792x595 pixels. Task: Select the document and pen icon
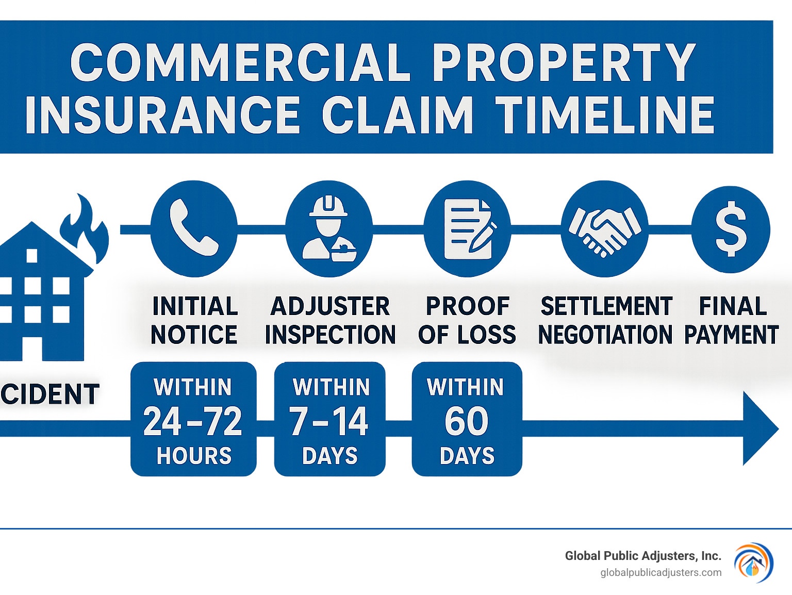[467, 228]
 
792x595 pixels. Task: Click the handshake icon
[604, 228]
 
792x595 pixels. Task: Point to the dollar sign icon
[731, 229]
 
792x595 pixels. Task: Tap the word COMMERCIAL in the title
[239, 63]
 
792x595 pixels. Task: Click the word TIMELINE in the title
[604, 115]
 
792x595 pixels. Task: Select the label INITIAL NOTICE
[194, 320]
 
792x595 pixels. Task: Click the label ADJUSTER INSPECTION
[330, 320]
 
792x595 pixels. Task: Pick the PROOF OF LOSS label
[467, 320]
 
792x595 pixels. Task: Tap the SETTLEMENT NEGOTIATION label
[605, 320]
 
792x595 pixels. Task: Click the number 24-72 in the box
[193, 421]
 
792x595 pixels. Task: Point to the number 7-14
[329, 421]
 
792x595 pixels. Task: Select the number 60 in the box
[467, 421]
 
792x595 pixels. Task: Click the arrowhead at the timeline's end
[759, 428]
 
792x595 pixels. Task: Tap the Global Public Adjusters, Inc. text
[642, 556]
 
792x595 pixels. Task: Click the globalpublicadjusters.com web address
[661, 573]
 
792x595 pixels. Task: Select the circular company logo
[753, 563]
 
